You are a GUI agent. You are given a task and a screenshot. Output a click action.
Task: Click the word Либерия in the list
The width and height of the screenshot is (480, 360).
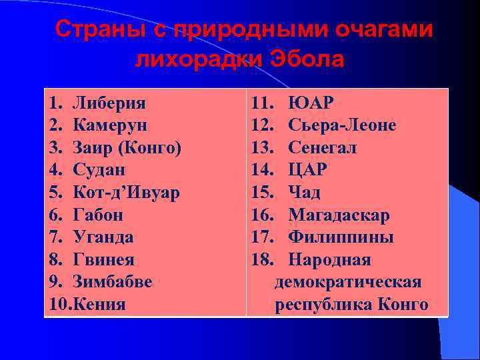[x=109, y=103]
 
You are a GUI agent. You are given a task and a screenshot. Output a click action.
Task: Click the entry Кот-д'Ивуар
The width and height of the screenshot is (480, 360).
[x=126, y=193]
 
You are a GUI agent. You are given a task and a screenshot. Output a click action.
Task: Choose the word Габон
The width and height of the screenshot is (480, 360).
[x=98, y=215]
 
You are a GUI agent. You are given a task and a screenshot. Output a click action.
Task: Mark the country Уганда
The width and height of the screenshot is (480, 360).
[x=103, y=237]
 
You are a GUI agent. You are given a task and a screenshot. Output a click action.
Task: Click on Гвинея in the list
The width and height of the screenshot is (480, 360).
[x=103, y=259]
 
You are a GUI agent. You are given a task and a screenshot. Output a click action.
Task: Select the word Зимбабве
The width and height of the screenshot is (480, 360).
[x=112, y=281]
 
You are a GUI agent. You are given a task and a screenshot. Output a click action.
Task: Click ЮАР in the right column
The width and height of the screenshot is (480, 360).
[x=311, y=103]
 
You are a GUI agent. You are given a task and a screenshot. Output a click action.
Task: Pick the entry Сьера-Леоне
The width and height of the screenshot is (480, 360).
[x=342, y=125]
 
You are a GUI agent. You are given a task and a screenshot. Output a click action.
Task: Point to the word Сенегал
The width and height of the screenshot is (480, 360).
[x=322, y=147]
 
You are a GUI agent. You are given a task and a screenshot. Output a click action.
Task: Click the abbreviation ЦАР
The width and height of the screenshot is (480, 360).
[x=307, y=170]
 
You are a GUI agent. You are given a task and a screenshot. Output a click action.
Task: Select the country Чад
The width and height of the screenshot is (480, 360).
[x=304, y=193]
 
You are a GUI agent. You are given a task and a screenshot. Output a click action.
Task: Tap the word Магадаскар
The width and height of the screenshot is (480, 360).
[x=339, y=215]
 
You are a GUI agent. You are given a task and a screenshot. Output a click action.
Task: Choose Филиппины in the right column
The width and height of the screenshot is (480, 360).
[x=341, y=237]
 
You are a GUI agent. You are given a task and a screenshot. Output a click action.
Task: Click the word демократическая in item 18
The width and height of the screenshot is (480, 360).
[x=347, y=282]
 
